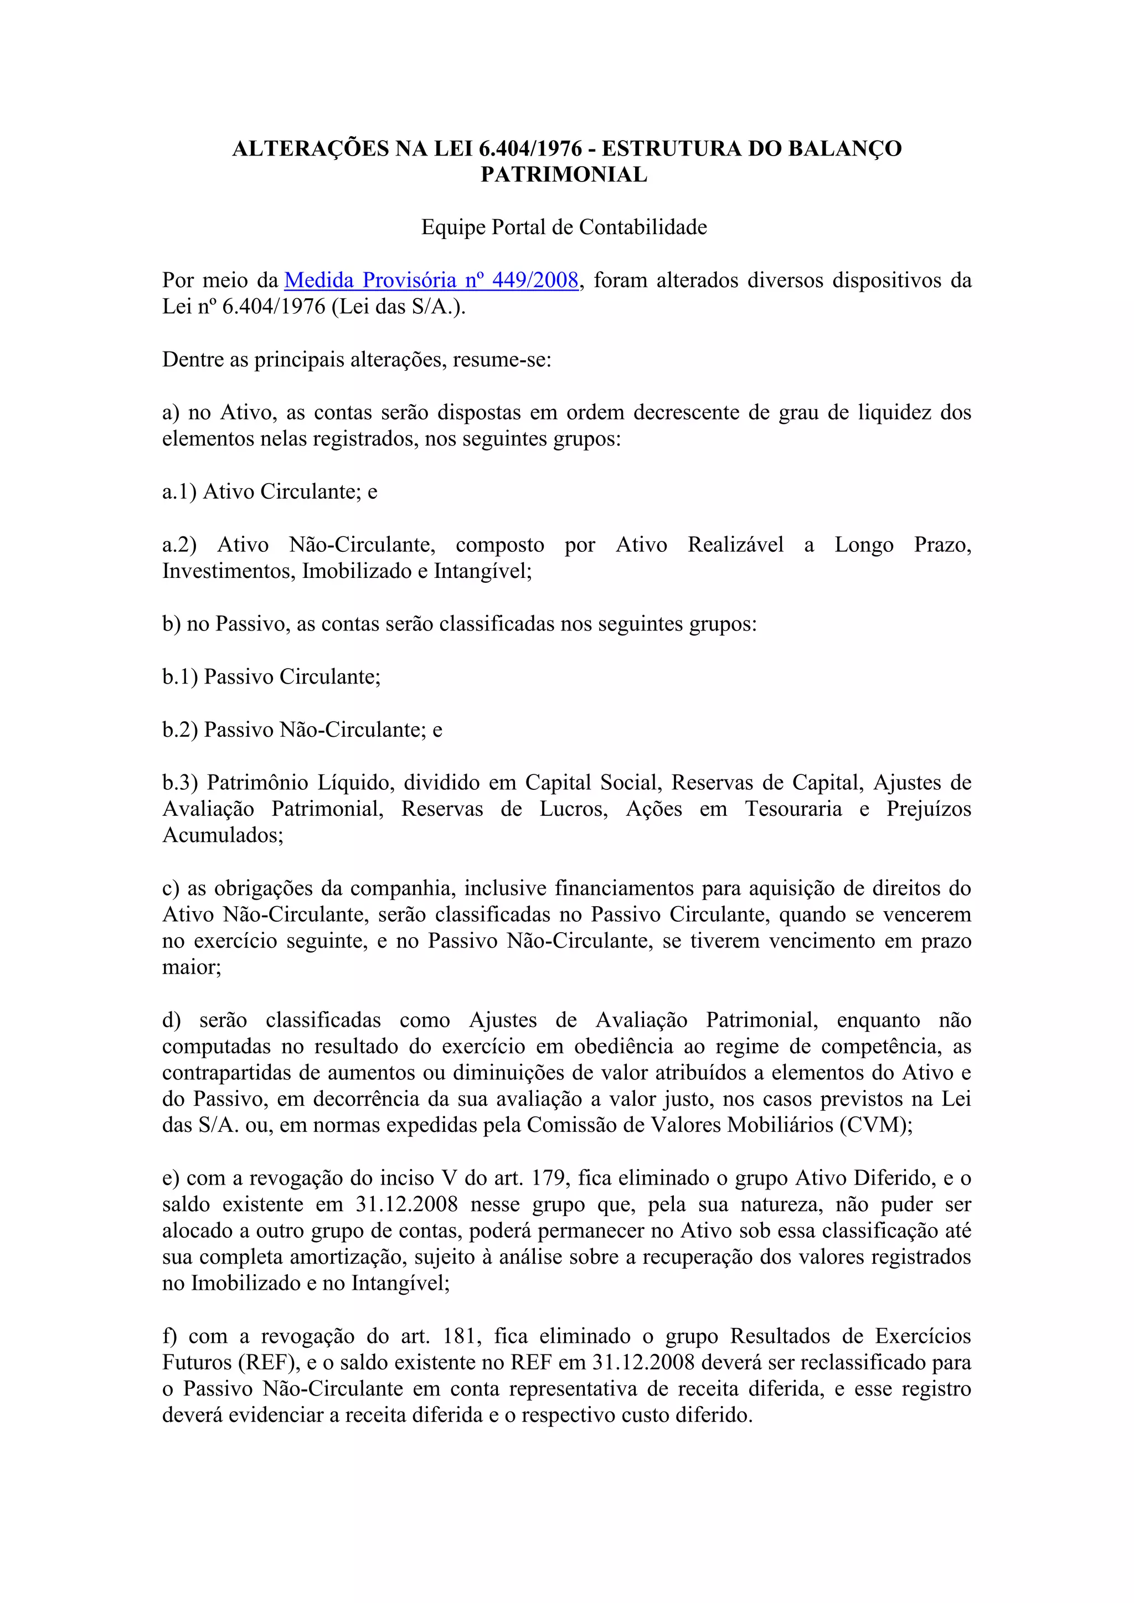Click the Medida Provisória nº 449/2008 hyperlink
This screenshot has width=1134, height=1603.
point(431,281)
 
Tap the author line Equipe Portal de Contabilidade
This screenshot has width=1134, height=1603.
point(564,227)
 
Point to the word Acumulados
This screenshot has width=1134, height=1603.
point(221,836)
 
